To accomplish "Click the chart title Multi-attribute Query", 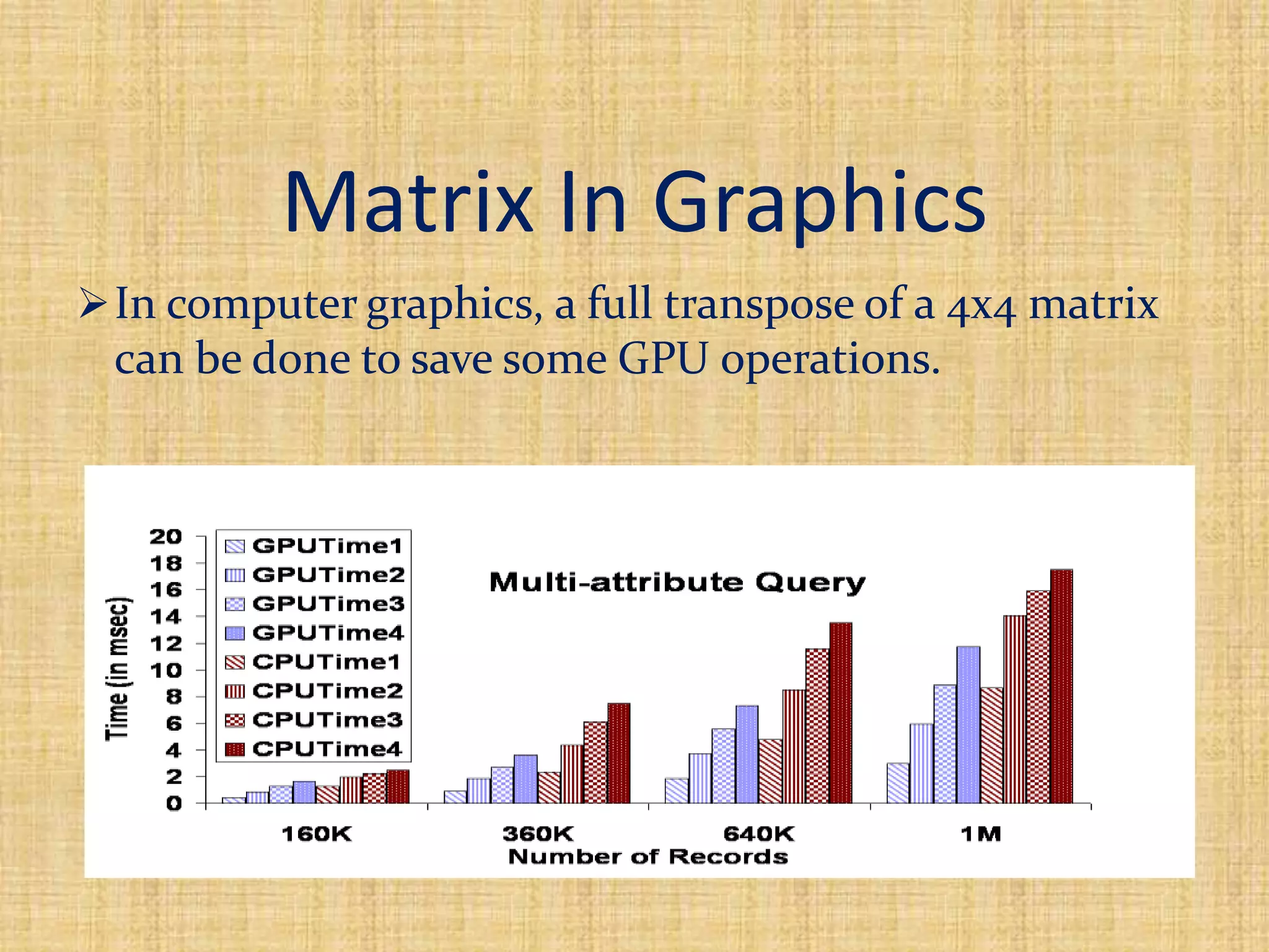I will (x=677, y=583).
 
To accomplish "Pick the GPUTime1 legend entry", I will (x=314, y=546).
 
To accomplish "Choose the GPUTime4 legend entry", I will (x=314, y=633).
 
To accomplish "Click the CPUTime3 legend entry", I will (x=314, y=720).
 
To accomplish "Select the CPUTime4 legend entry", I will (x=314, y=749).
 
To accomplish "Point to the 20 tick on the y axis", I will (x=166, y=536).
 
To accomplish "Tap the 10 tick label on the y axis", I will (x=166, y=670).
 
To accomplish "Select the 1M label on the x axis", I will (x=981, y=834).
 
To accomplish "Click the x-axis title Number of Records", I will (x=648, y=857).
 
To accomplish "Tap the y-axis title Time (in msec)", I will (x=118, y=669).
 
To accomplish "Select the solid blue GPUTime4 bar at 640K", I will (x=747, y=754).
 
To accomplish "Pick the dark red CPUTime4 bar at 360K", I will (x=618, y=753).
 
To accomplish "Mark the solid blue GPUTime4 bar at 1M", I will (x=968, y=725).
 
